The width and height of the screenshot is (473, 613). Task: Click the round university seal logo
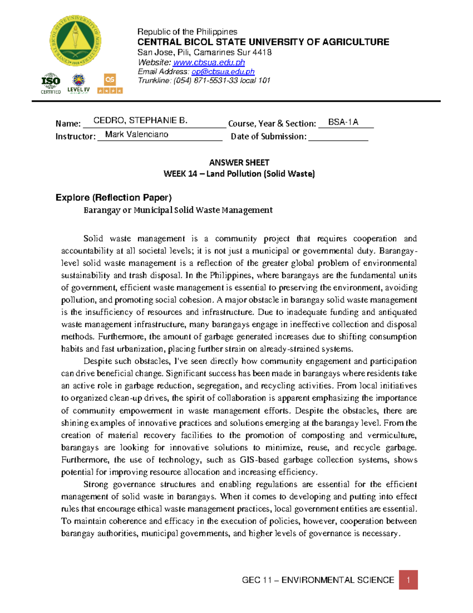pos(75,41)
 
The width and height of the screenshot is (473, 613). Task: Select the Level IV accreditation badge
pos(78,84)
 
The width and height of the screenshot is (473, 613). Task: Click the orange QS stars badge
pos(110,84)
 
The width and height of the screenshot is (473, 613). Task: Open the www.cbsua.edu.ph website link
pos(209,62)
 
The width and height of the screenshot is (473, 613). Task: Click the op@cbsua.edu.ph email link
pos(223,71)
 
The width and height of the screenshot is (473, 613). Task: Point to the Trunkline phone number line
pos(204,81)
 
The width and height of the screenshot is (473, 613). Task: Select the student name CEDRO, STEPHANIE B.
pos(140,121)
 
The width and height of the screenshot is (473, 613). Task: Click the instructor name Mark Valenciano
pos(137,135)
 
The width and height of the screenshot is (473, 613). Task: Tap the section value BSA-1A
pos(343,122)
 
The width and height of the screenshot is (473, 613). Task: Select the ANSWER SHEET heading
pos(239,163)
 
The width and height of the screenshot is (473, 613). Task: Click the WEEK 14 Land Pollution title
pos(239,174)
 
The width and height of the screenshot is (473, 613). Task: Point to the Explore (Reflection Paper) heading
pos(114,197)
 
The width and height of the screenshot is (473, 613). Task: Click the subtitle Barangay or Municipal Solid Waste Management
pos(178,210)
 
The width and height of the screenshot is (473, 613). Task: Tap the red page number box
pos(408,579)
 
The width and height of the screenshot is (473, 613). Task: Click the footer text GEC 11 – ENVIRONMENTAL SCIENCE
pos(318,580)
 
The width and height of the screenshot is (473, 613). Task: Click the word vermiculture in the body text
pos(391,435)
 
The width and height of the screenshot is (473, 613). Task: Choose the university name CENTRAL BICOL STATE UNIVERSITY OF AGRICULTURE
pos(263,42)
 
